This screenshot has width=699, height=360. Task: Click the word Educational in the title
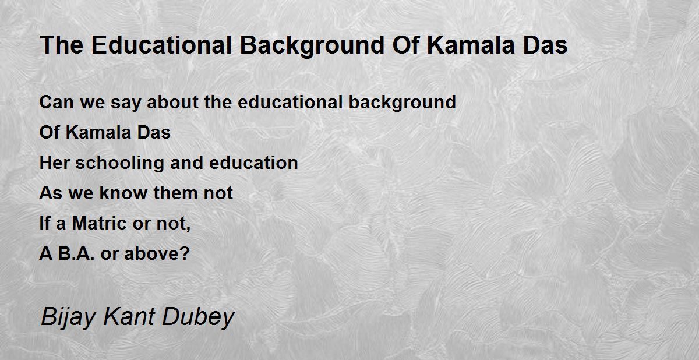[x=161, y=45]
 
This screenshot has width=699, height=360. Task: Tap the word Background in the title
[x=312, y=46]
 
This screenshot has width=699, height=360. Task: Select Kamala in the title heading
[x=471, y=45]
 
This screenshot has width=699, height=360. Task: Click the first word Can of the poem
[x=57, y=102]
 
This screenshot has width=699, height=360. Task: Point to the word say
[x=126, y=104]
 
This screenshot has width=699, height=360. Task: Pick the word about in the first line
[x=172, y=102]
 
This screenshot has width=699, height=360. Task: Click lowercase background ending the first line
[x=403, y=103]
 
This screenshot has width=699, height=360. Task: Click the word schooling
[x=120, y=164]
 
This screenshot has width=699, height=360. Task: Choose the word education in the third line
[x=253, y=163]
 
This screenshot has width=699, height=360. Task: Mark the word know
[x=123, y=193]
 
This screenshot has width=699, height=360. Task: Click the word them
[x=176, y=193]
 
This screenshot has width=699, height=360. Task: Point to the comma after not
[x=189, y=229]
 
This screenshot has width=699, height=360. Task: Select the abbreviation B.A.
[x=76, y=253]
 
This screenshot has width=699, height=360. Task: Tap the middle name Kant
[x=129, y=316]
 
